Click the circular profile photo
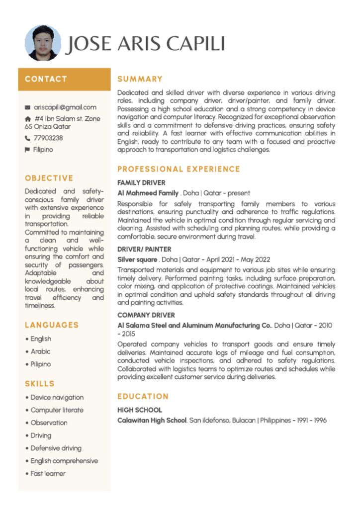(x=43, y=43)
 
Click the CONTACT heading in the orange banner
(x=46, y=79)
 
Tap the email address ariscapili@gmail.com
(x=65, y=107)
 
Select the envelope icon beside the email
(x=28, y=107)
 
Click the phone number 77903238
(x=48, y=138)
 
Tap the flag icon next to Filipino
(x=28, y=150)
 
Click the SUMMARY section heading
(x=140, y=79)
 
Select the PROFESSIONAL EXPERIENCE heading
(x=179, y=170)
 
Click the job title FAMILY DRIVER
(x=141, y=182)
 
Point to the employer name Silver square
(x=137, y=259)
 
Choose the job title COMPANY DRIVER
(x=146, y=315)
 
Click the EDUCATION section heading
(x=143, y=397)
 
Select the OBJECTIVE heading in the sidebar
(x=49, y=178)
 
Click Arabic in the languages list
(x=40, y=351)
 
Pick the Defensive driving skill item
(x=56, y=448)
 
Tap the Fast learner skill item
(x=48, y=474)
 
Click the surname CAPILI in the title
(x=195, y=44)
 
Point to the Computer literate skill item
(x=57, y=410)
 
